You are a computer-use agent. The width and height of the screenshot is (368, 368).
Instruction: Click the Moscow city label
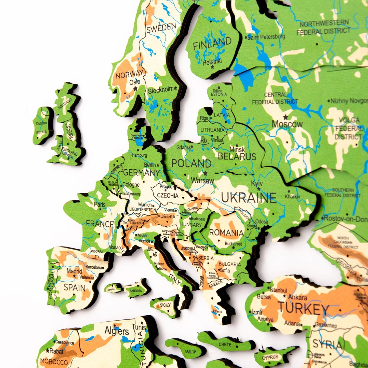(x=287, y=124)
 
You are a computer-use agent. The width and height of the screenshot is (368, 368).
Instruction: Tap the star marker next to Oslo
(x=135, y=89)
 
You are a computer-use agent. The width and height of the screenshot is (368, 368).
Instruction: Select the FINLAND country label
(x=212, y=44)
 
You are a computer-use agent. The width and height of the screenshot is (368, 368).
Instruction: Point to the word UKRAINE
(x=248, y=198)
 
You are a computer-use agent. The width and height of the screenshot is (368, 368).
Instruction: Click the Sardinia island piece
(x=135, y=290)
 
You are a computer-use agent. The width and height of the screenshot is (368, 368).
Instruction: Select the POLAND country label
(x=191, y=163)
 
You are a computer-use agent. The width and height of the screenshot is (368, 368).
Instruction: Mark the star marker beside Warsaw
(x=205, y=173)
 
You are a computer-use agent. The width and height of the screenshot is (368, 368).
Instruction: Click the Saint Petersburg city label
(x=266, y=37)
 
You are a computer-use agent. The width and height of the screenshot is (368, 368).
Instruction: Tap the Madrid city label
(x=74, y=271)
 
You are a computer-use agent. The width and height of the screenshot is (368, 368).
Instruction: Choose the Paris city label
(x=100, y=204)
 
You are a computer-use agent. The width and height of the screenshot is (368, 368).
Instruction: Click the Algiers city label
(x=117, y=331)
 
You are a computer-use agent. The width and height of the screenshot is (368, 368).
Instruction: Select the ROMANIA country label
(x=226, y=232)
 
